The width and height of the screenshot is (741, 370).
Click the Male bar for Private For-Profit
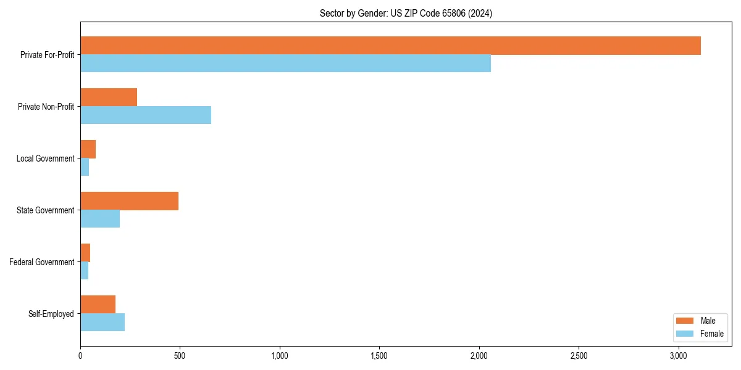(x=390, y=46)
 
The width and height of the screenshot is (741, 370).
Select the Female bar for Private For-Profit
(x=285, y=64)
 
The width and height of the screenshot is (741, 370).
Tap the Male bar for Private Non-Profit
(x=109, y=97)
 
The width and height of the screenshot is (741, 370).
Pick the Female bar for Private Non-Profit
(x=146, y=115)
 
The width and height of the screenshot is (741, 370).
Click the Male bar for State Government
(x=129, y=201)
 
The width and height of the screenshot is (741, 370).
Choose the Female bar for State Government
(x=100, y=219)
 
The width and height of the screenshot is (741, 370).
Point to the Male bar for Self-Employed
(x=98, y=305)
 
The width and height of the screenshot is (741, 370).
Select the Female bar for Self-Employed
(x=103, y=323)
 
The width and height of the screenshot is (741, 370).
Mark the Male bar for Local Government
(x=88, y=149)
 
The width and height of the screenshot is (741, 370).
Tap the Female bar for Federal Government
(x=84, y=271)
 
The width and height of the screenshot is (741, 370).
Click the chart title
(x=406, y=13)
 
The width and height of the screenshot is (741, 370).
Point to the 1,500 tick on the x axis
(x=379, y=356)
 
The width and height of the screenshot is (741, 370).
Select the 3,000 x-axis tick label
(x=678, y=356)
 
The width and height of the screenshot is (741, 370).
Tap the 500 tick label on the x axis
(x=180, y=356)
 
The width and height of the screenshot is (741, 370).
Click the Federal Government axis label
(x=42, y=262)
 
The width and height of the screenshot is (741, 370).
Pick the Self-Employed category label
(x=51, y=314)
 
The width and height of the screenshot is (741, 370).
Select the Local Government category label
(x=46, y=158)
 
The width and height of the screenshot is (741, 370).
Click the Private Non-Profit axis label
(x=46, y=107)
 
